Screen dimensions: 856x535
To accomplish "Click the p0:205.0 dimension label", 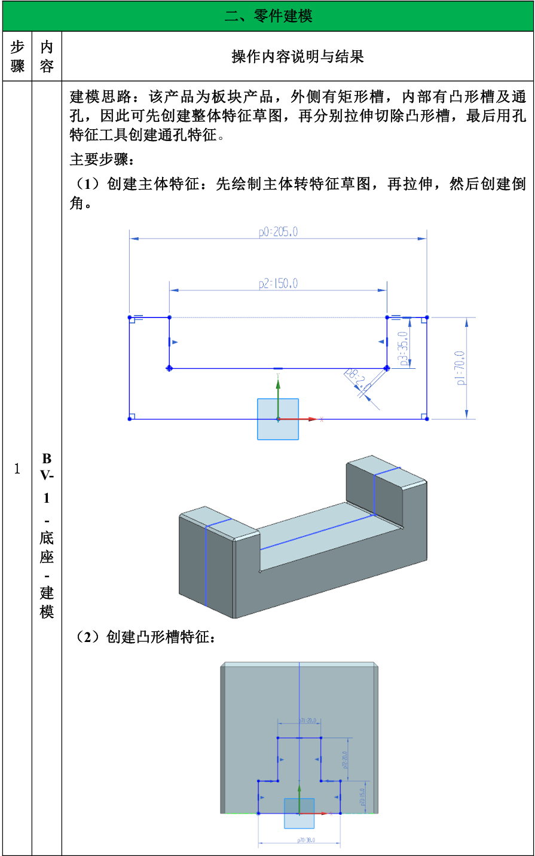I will click(278, 232).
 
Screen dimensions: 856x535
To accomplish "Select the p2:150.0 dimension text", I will click(278, 284).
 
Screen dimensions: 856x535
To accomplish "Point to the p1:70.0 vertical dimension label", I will click(460, 368).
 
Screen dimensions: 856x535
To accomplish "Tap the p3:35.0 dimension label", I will click(404, 348).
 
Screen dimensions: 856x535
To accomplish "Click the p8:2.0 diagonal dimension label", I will click(357, 380).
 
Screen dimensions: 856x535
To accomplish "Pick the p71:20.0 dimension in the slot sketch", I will click(308, 721).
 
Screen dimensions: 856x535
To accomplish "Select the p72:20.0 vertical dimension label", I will click(345, 760).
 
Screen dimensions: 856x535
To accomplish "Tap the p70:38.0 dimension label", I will click(306, 840).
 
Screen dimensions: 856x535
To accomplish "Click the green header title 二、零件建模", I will click(268, 16).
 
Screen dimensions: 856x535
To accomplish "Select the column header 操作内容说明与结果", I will click(298, 57).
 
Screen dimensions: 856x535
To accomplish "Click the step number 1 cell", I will click(17, 469).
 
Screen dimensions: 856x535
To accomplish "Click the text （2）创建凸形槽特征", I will click(143, 637).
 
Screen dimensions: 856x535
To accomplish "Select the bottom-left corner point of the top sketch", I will click(130, 419).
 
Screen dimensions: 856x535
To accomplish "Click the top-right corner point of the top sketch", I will click(427, 317).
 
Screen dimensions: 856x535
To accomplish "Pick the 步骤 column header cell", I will click(17, 57).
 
